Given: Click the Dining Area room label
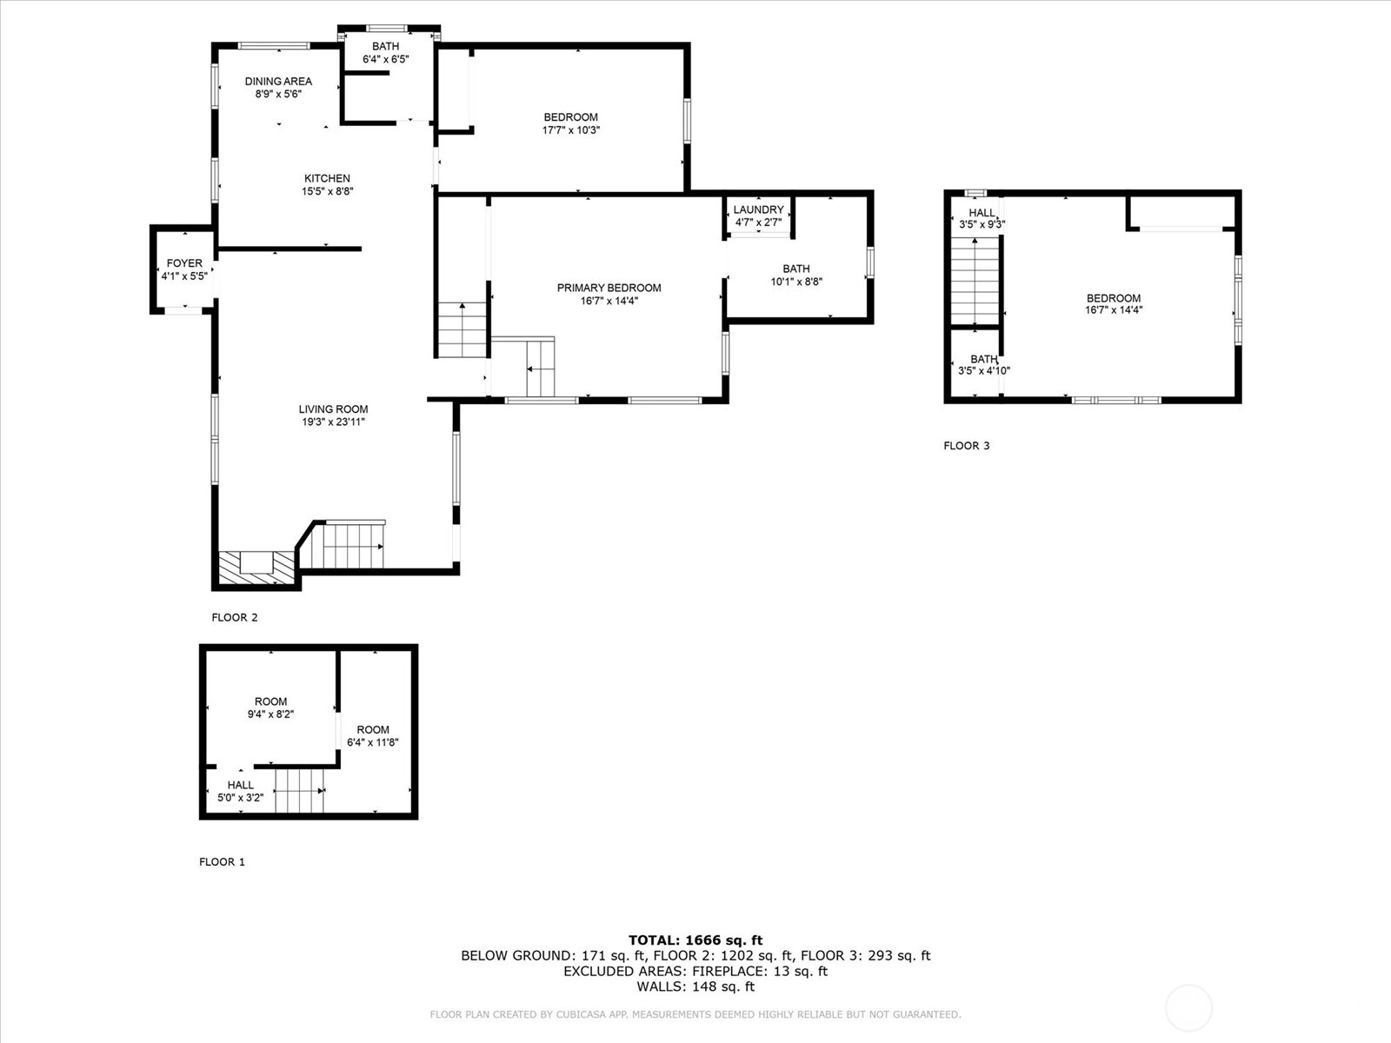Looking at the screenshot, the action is point(278,81).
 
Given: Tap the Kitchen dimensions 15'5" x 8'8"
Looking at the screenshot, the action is point(327,191).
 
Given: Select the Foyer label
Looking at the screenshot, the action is point(184,262).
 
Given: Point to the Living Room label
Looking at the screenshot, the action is point(333,409).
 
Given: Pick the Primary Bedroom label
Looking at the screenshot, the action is point(609,288).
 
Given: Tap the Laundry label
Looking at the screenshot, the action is point(759,209).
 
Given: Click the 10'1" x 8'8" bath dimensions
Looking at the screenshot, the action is point(796,282).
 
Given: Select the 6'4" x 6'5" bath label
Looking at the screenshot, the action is point(386,59).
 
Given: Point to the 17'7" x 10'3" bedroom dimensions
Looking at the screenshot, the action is point(571,130).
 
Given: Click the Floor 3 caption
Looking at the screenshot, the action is point(967,446).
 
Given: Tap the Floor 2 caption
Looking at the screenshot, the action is point(235,617).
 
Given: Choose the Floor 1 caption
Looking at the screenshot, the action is point(222,862).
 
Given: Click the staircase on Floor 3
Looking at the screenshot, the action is point(975,281).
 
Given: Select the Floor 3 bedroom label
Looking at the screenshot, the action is point(1114,298).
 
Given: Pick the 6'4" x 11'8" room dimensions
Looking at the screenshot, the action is point(373,742).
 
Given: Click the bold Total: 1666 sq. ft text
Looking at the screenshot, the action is point(695,940).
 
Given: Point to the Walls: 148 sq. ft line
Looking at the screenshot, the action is point(695,987).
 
